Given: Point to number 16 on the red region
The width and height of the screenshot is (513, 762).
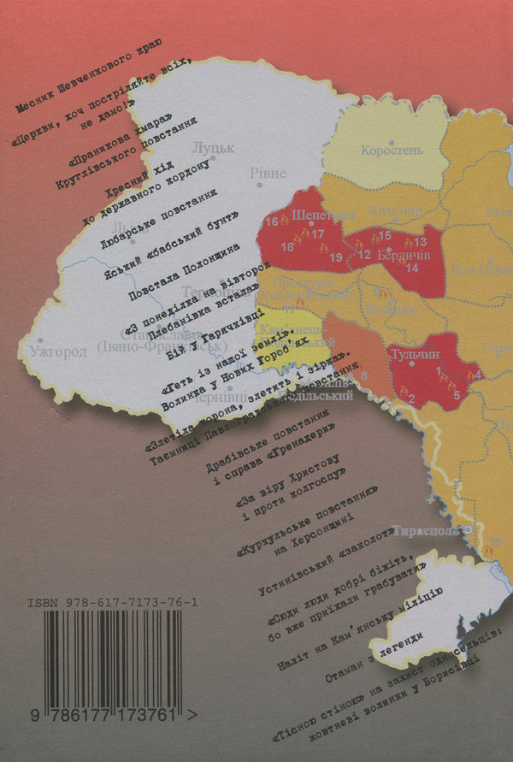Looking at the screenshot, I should pos(271,222).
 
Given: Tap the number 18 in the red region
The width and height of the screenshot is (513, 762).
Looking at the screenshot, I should pos(286,248).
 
